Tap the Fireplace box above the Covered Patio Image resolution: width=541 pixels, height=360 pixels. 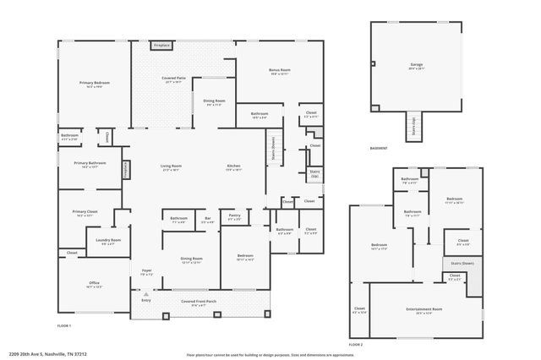[x=162, y=44]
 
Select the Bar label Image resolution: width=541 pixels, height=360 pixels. [x=207, y=219]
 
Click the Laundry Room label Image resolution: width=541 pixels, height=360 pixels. [x=109, y=241]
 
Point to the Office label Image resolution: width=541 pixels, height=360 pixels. [x=95, y=285]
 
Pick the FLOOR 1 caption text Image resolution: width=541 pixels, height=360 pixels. [x=64, y=325]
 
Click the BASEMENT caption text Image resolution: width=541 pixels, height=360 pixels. [x=379, y=148]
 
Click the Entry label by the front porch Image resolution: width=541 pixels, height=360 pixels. [x=146, y=300]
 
